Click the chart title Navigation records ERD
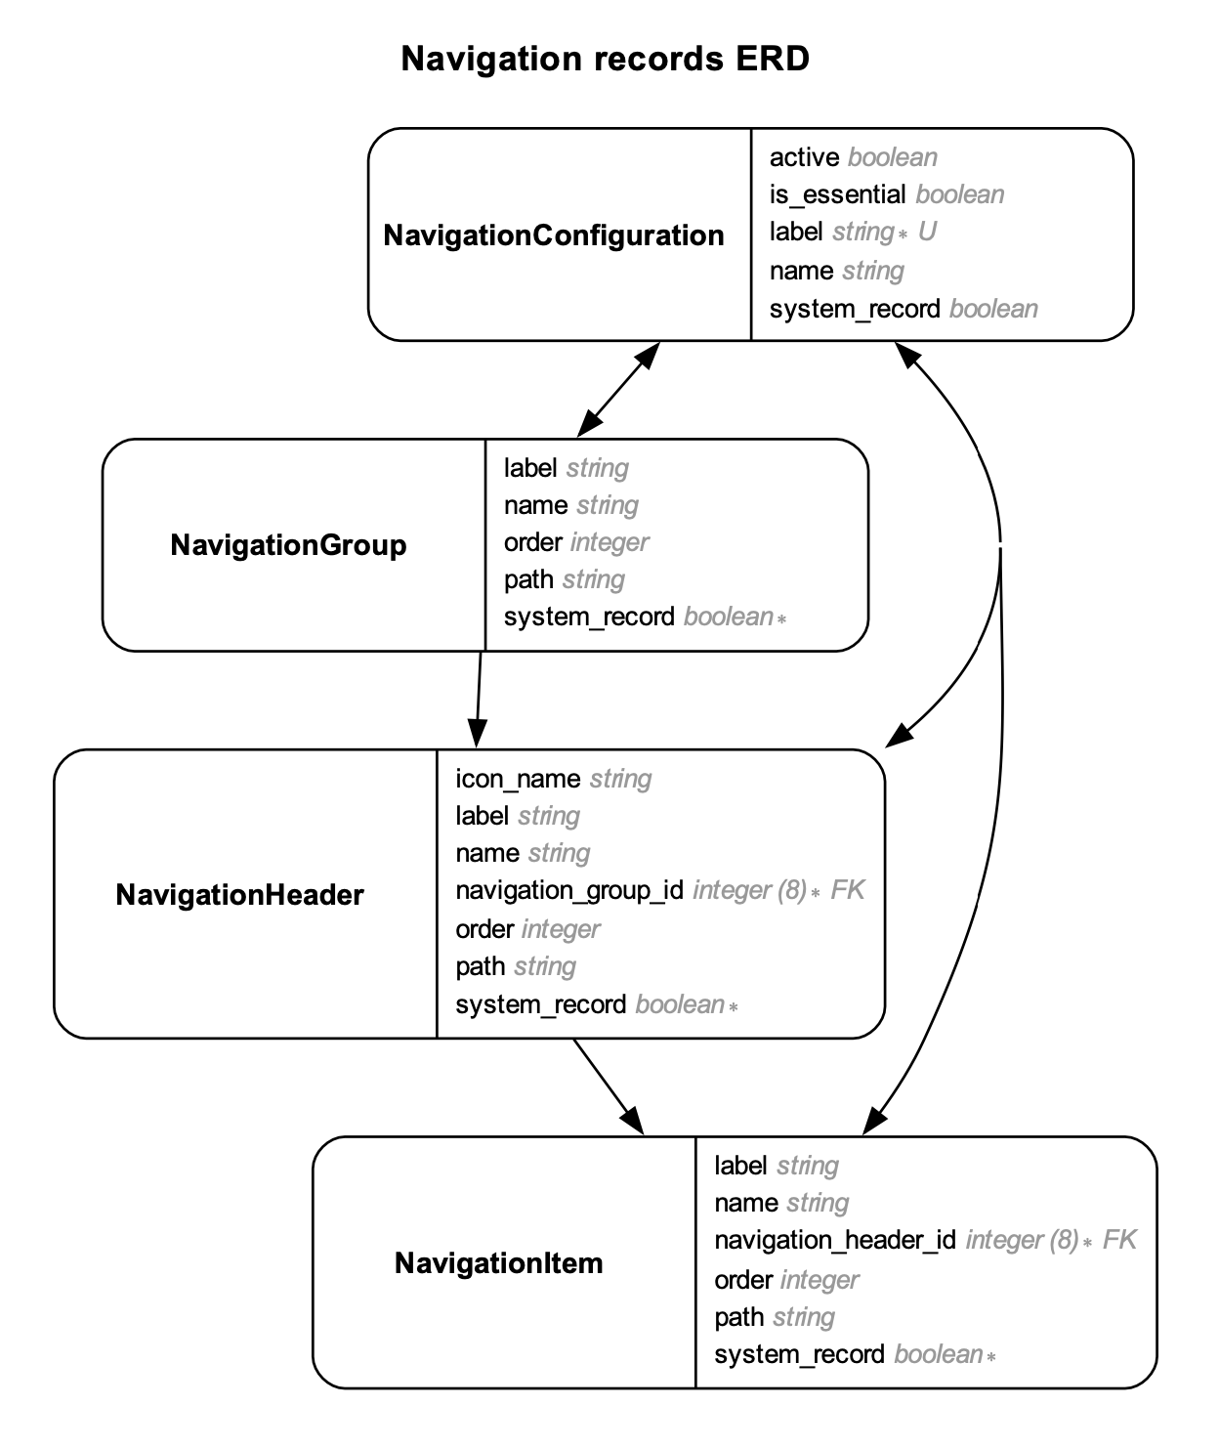[605, 59]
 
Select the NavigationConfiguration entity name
[554, 235]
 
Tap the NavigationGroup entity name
[288, 545]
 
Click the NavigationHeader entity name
[239, 895]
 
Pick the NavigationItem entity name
[498, 1263]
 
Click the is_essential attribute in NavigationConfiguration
[837, 194]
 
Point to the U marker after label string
[927, 233]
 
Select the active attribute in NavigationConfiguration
[804, 157]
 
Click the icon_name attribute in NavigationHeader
[518, 779]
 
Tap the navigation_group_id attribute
[568, 890]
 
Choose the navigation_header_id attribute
[834, 1240]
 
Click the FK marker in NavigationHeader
[847, 890]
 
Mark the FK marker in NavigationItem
[1119, 1240]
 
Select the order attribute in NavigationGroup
[532, 542]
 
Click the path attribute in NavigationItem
[738, 1317]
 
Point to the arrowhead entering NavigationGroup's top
[589, 425]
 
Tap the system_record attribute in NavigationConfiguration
[854, 309]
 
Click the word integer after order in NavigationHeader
[561, 929]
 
